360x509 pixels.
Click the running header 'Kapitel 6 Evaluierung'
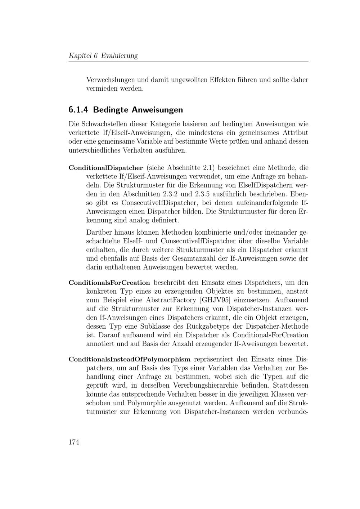(x=103, y=55)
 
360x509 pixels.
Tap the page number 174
(x=73, y=442)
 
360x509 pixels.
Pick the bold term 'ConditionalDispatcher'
(x=105, y=168)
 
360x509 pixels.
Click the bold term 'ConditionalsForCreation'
(x=109, y=283)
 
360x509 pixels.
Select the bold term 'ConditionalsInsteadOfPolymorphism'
(x=129, y=359)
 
